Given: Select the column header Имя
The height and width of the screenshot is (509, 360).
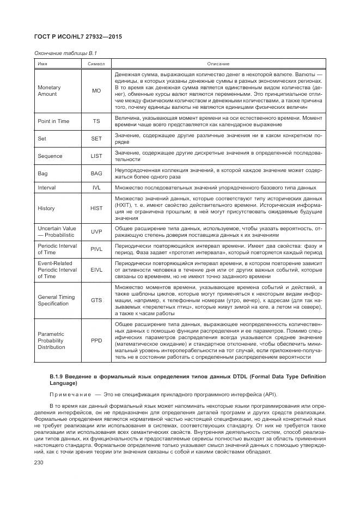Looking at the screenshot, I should click(x=42, y=64).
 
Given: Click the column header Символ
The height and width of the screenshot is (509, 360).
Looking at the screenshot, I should click(x=96, y=64).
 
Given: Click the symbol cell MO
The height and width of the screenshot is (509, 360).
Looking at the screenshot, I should click(x=96, y=91).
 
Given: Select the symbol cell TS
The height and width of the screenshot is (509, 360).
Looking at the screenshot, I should click(x=96, y=121).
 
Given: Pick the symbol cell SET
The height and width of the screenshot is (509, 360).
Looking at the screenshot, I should click(x=96, y=139).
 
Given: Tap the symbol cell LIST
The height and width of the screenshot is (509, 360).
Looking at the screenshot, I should click(x=96, y=156).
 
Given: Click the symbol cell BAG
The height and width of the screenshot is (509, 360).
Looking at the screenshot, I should click(x=96, y=174).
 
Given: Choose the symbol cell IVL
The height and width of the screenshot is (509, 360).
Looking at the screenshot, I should click(x=96, y=188).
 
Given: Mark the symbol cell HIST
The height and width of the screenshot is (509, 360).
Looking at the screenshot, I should click(x=96, y=208).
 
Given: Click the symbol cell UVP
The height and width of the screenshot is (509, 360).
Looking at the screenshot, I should click(x=96, y=232).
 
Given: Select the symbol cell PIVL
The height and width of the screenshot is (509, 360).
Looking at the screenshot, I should click(x=96, y=249).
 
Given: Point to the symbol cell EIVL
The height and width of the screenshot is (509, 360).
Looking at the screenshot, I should click(x=96, y=269).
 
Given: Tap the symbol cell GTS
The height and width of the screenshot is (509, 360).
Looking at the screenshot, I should click(x=96, y=300).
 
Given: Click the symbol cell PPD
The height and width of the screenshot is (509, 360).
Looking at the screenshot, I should click(x=96, y=340).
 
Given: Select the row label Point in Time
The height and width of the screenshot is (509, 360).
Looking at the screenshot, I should click(x=53, y=121).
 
